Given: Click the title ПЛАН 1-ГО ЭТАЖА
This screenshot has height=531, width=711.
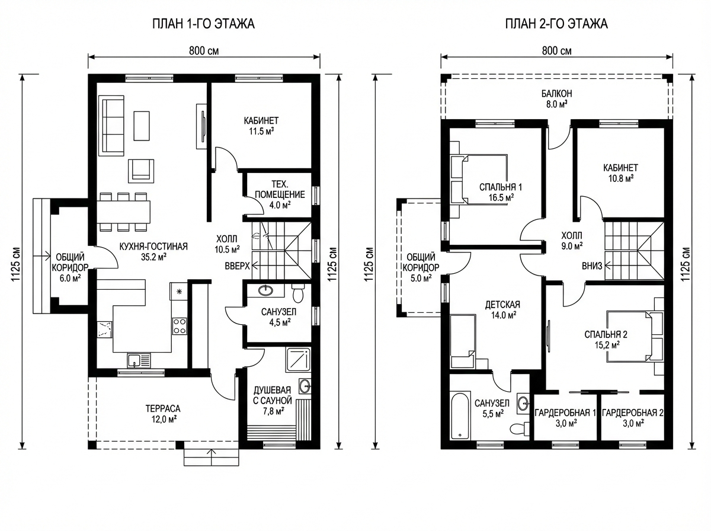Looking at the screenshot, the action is coord(203,24).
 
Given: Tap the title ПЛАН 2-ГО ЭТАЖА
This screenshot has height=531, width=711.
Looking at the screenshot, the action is coord(556,24).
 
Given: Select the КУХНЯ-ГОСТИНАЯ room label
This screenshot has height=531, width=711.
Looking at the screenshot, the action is coord(153,247).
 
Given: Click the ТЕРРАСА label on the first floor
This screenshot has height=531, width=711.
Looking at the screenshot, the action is coord(163,408).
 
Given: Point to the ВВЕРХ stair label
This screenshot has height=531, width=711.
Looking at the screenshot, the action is coord(238,266).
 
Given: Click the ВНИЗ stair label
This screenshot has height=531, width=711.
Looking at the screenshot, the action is coord(592,266).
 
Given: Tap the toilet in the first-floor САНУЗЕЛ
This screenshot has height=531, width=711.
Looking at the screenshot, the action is coord(297,293).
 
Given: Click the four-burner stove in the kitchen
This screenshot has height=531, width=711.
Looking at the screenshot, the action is coord(180,326).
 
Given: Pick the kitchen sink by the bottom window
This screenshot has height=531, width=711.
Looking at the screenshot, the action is coord(139,360).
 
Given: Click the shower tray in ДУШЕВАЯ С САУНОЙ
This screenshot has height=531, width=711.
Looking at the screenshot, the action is coord(297,360).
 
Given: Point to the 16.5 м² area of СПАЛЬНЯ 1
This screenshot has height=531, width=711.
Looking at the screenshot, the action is coord(501,197).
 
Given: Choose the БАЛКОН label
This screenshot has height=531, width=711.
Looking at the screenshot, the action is coord(557,94).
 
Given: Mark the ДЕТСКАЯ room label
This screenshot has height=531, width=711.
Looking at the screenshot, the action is coord(502,305).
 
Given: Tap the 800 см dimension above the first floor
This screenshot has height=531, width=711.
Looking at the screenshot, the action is coord(204,51).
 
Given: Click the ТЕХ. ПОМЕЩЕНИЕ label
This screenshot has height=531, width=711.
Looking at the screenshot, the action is coord(280,190).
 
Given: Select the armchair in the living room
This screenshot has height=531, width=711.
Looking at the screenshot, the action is coord(141,171).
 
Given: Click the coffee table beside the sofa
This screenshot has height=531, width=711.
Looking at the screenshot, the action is coord(142,126).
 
